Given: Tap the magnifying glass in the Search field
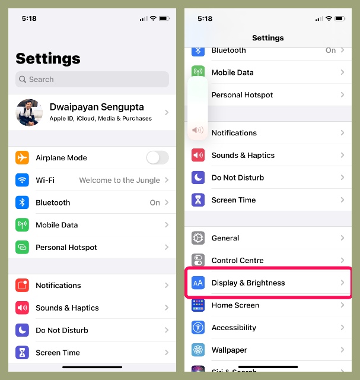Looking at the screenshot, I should click(x=23, y=80).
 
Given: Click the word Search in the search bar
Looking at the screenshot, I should click(x=42, y=80).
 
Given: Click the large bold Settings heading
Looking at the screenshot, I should click(x=47, y=58).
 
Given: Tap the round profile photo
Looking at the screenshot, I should click(x=29, y=112).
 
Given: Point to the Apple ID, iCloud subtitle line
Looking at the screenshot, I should click(x=101, y=119).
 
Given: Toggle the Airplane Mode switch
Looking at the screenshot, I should click(x=157, y=157).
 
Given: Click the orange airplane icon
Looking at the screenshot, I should click(x=23, y=157).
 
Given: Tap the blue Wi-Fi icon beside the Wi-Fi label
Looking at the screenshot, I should click(x=23, y=180).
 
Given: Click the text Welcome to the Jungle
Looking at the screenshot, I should click(x=119, y=180).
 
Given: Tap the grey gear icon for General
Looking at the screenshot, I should click(x=198, y=238).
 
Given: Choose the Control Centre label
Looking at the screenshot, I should click(x=237, y=261).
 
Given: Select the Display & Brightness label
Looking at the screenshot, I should click(x=248, y=283).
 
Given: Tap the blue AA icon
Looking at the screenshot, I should click(x=198, y=283).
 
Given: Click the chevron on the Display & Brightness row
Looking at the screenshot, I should click(x=342, y=283).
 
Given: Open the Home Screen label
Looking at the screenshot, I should click(x=235, y=305).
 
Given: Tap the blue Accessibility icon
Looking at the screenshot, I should click(x=198, y=328).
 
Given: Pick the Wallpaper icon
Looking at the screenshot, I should click(x=198, y=350).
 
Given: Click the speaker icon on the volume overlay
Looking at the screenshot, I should click(x=197, y=130).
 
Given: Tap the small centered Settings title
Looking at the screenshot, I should click(x=268, y=38).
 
